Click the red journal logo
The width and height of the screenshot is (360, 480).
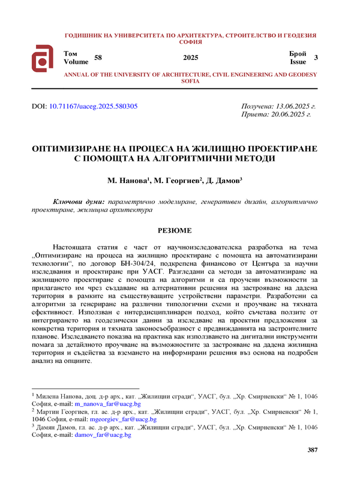44,58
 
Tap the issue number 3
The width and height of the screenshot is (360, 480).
316,58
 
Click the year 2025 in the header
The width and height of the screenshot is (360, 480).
190,58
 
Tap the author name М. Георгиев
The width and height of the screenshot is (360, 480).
177,181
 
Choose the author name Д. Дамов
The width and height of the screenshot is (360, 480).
223,181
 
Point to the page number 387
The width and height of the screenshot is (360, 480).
312,450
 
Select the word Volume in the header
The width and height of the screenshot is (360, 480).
76,61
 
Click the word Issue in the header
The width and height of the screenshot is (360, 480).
298,61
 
